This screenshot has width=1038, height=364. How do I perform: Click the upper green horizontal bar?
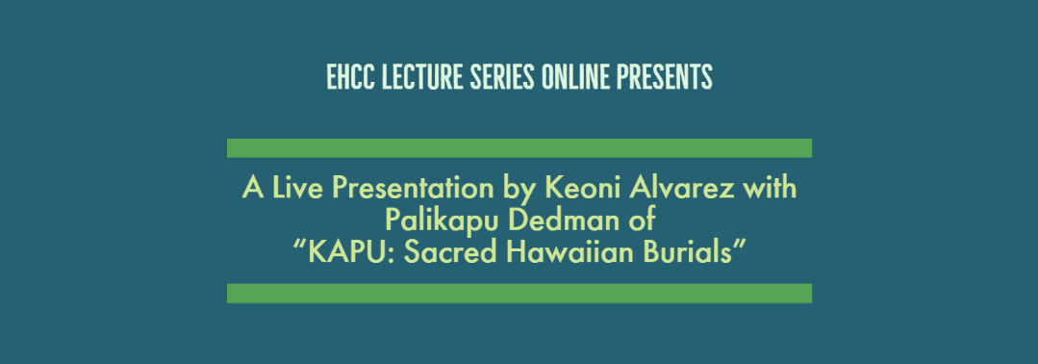tap(519, 148)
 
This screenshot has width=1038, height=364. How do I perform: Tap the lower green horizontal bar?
tap(519, 293)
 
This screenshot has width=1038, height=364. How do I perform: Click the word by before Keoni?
tap(519, 190)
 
